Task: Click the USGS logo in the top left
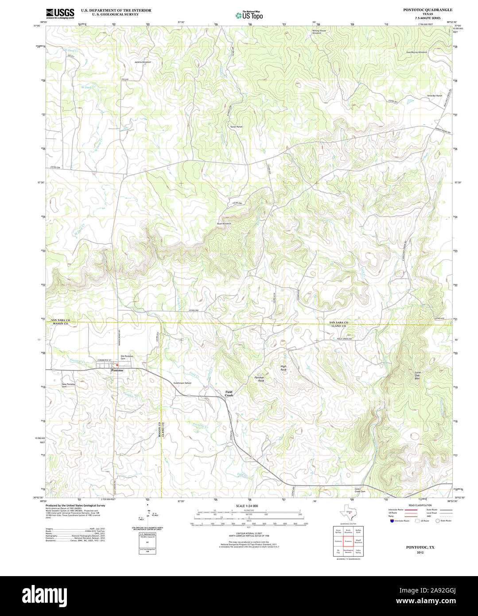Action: (60, 13)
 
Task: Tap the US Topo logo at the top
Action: (249, 15)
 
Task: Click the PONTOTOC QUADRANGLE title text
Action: (421, 9)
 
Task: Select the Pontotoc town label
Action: (118, 370)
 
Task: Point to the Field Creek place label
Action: (229, 394)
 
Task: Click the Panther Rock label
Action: (259, 379)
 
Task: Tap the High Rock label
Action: (284, 368)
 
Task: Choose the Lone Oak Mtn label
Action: (417, 375)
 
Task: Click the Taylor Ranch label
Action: (236, 127)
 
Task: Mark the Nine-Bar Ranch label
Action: (435, 96)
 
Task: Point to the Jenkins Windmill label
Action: (143, 62)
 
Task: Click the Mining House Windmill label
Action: (319, 32)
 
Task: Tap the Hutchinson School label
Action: (182, 383)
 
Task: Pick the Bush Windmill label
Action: (224, 224)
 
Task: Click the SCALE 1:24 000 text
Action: (247, 506)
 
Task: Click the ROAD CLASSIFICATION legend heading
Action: (420, 505)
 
